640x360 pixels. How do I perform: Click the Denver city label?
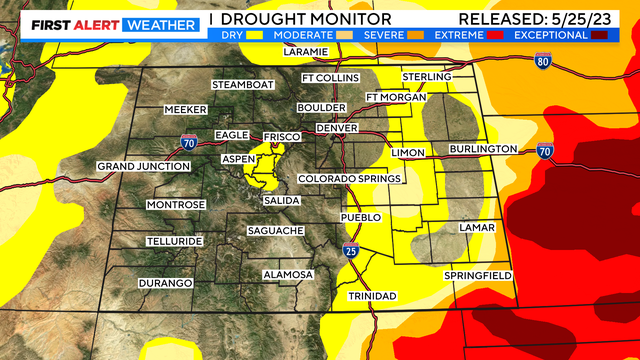point(337,129)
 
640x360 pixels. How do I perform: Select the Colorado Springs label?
point(349,179)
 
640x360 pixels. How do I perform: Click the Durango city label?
point(166,283)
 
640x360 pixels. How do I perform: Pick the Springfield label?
point(478,275)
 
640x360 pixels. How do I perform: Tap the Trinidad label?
point(373,296)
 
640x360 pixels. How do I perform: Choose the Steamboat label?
point(242,84)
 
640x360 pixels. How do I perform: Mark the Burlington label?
point(483,149)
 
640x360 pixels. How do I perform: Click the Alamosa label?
point(288,275)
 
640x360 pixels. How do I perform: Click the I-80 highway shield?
point(542,61)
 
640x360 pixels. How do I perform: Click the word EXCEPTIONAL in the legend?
point(550,34)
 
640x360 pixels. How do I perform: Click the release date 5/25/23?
point(596,19)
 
